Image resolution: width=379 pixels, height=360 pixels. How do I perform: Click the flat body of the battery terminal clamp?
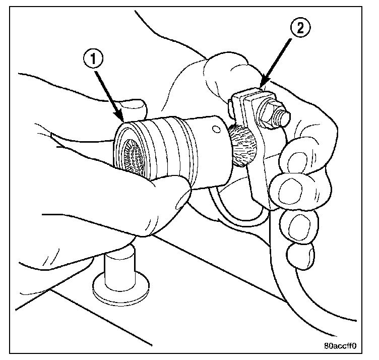pos(257,166)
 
